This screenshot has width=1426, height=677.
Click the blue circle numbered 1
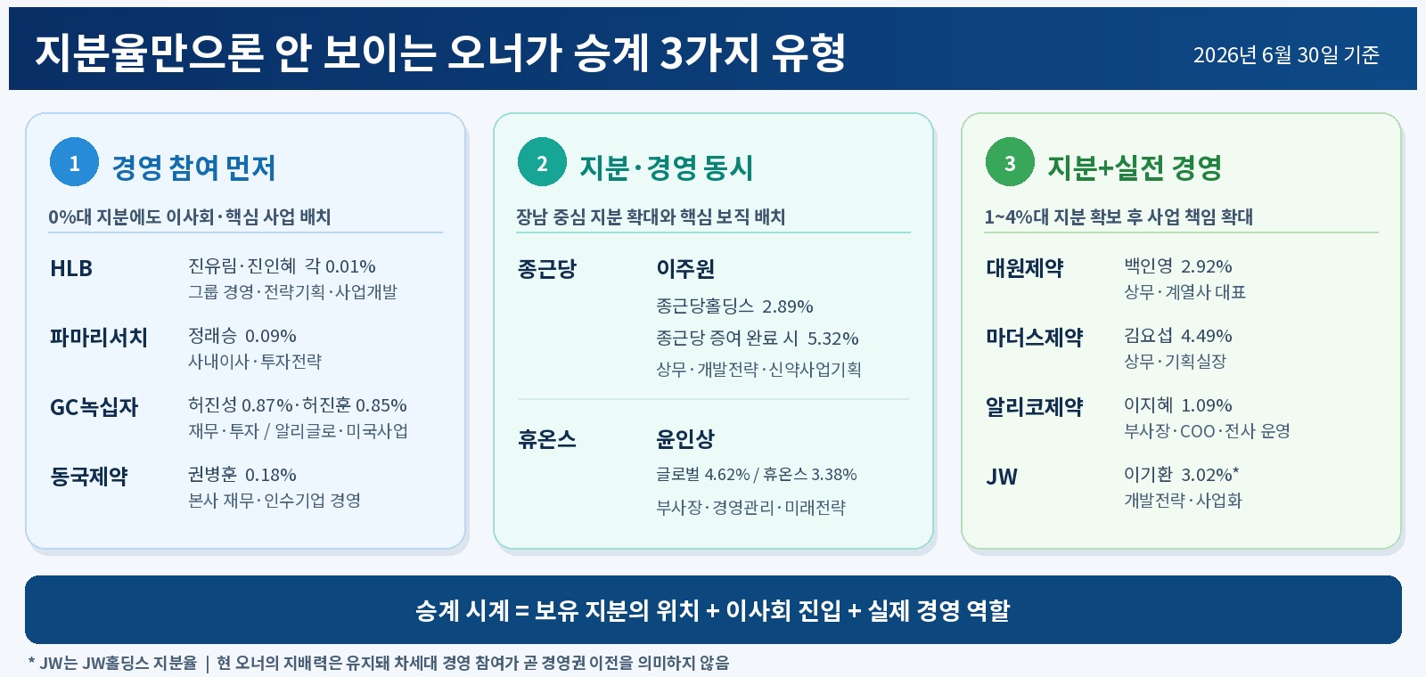click(x=75, y=161)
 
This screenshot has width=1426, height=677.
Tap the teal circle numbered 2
click(x=543, y=161)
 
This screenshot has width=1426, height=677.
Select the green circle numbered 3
click(x=1011, y=161)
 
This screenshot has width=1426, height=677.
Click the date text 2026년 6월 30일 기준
click(x=1286, y=54)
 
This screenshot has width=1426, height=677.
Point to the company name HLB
click(x=71, y=268)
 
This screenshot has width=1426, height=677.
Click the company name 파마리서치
click(x=99, y=338)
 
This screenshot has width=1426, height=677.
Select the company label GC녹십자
click(x=94, y=407)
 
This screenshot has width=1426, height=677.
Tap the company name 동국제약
click(x=89, y=477)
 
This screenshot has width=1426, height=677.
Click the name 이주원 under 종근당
click(x=685, y=268)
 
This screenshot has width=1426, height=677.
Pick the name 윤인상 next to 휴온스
click(x=685, y=439)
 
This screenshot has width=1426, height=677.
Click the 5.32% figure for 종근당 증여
click(x=832, y=338)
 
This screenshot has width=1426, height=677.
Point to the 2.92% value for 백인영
click(x=1207, y=266)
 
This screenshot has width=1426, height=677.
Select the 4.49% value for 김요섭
click(x=1207, y=335)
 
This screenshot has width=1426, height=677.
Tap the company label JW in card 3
click(x=1002, y=477)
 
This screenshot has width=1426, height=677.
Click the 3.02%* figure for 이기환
click(x=1210, y=475)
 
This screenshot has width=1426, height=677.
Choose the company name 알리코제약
click(x=1035, y=407)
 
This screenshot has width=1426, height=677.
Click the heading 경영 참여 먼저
click(x=193, y=168)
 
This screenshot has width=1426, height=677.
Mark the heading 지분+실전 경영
click(x=1135, y=168)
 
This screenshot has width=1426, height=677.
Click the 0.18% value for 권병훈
click(x=271, y=475)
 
